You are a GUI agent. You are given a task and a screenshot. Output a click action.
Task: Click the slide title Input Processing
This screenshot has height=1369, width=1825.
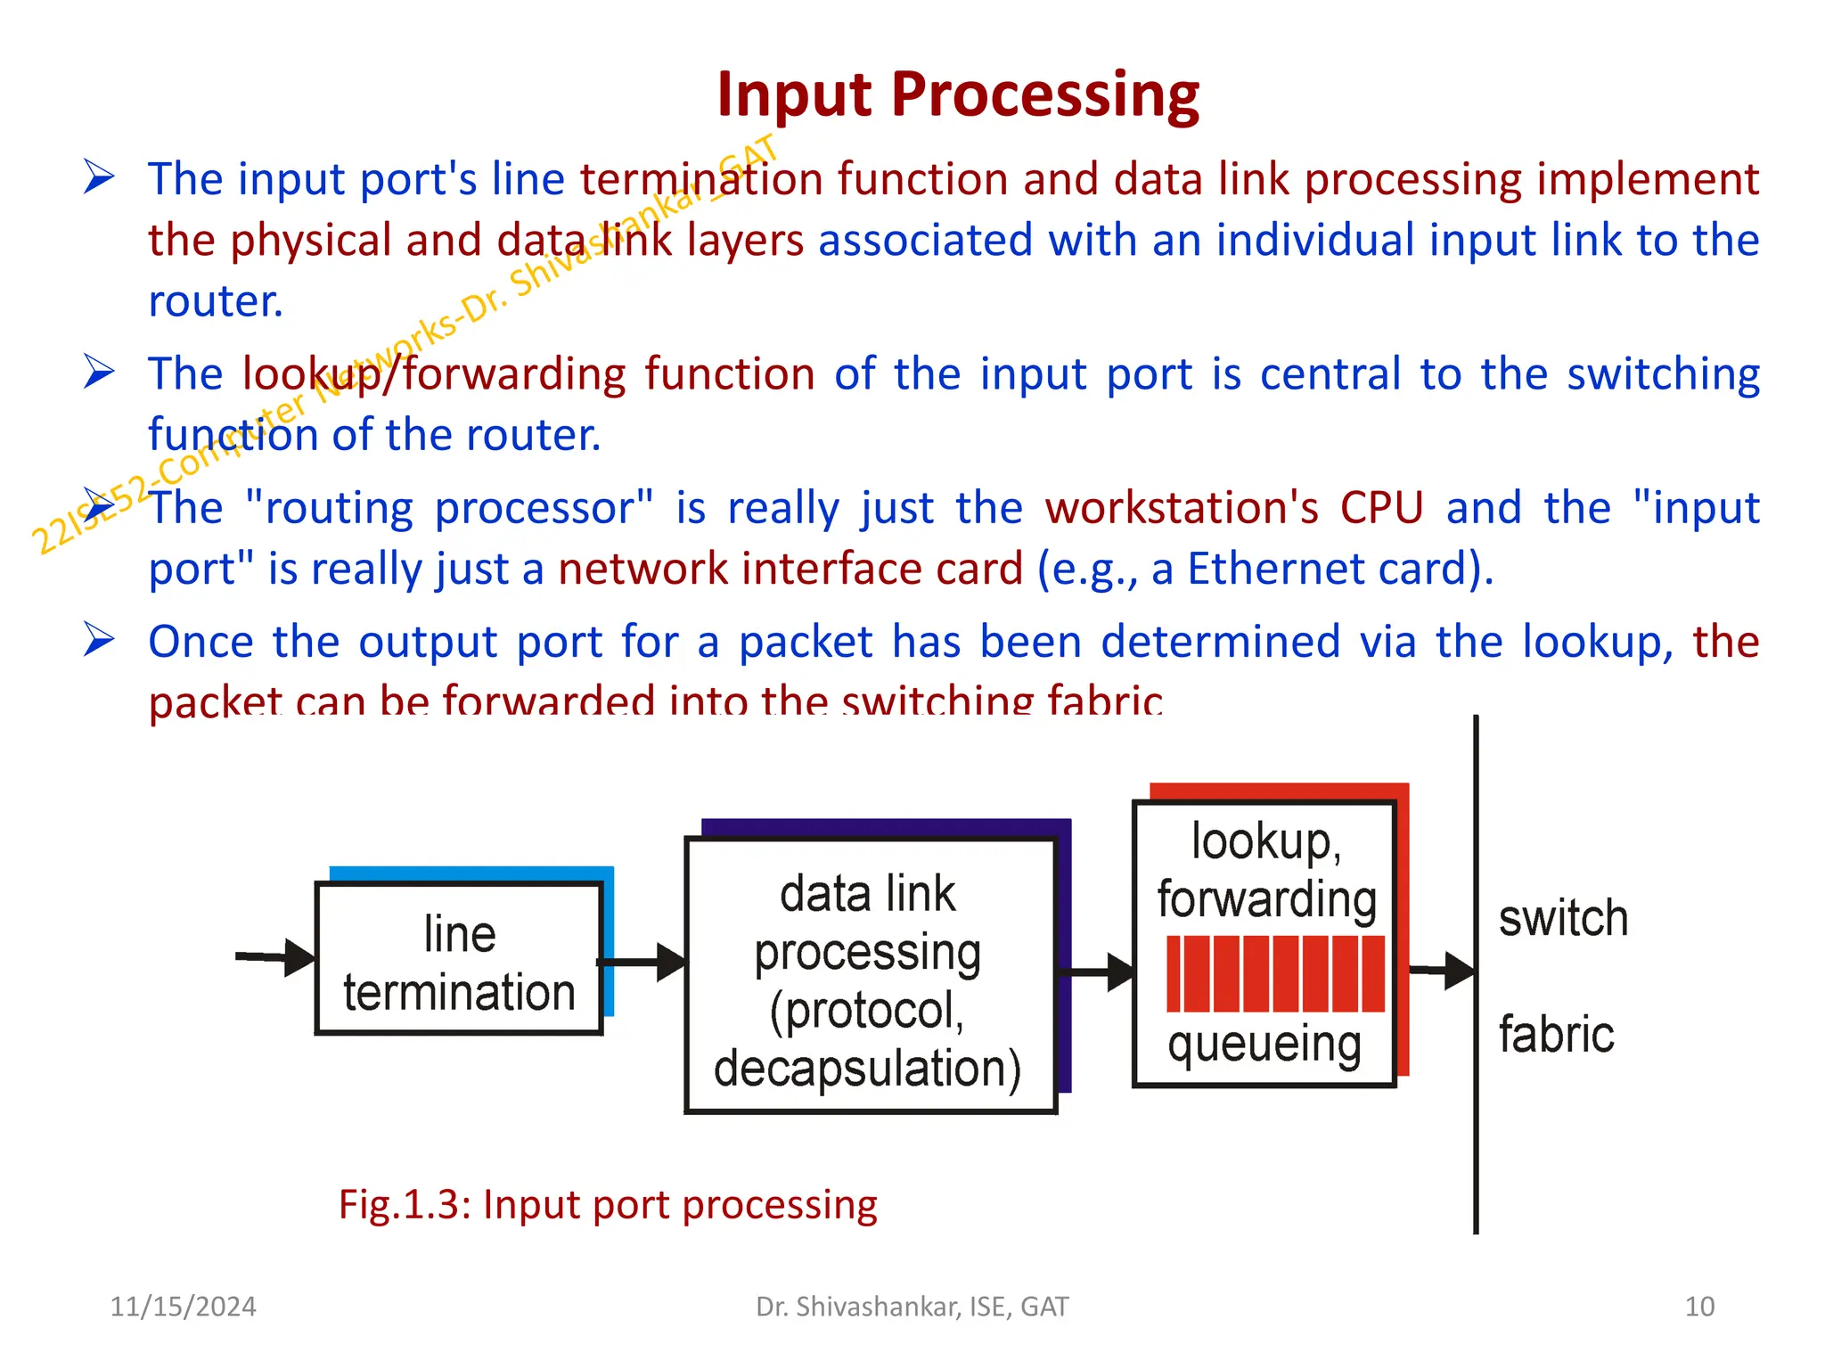click(958, 94)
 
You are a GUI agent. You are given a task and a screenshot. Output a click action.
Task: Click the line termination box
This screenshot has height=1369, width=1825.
click(459, 959)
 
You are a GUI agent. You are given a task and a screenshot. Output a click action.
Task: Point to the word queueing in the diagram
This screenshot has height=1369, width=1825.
click(1264, 1045)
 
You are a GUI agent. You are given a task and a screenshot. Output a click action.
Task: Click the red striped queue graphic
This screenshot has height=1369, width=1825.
click(1275, 973)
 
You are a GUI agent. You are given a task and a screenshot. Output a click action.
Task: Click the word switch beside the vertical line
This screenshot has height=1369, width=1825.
click(1563, 919)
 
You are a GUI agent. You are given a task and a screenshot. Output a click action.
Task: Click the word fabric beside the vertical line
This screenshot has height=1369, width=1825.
click(1556, 1035)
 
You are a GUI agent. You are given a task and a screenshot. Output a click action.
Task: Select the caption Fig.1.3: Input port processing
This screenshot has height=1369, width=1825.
click(608, 1205)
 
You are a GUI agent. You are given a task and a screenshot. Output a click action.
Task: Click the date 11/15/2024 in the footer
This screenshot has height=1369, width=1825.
click(183, 1307)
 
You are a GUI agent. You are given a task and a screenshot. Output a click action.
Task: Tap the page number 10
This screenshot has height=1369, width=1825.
click(1698, 1307)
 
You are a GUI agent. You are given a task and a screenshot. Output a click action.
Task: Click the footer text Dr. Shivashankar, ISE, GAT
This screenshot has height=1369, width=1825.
click(912, 1307)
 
